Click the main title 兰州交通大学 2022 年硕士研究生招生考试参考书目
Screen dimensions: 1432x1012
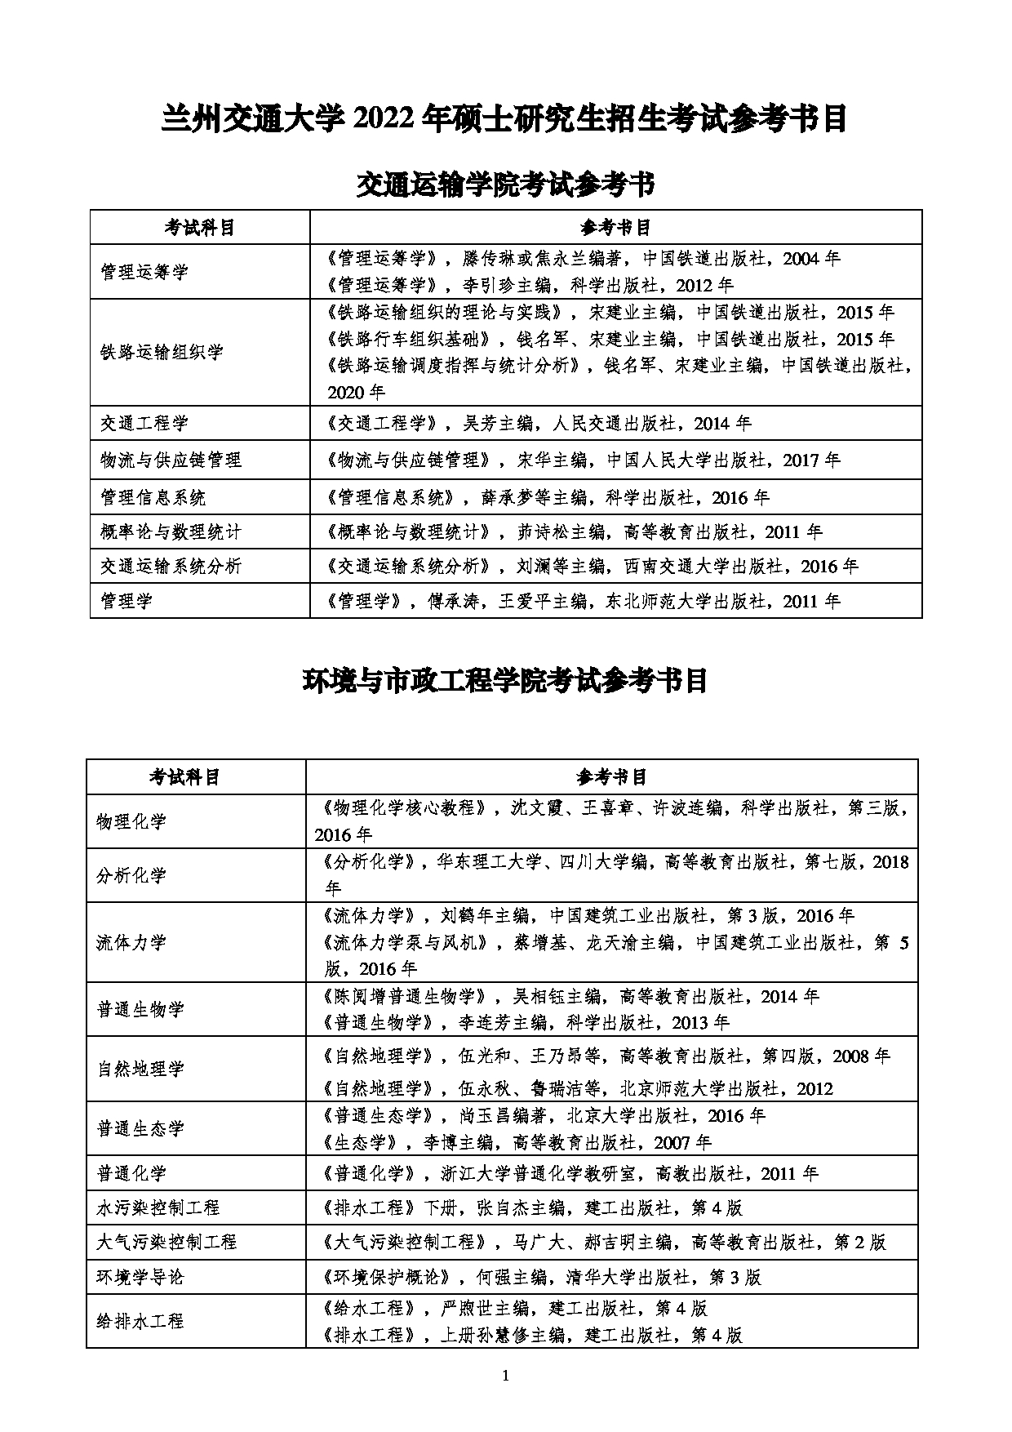click(x=505, y=119)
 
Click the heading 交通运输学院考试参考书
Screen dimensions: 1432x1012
click(x=505, y=185)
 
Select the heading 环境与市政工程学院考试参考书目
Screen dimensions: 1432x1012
click(x=505, y=680)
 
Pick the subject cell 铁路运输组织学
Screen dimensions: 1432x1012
click(x=161, y=353)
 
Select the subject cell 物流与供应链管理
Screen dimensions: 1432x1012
click(x=170, y=460)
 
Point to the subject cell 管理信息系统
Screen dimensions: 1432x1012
click(x=153, y=497)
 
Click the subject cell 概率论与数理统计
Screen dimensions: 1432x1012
click(x=170, y=532)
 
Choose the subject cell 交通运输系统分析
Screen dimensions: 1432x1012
click(x=170, y=567)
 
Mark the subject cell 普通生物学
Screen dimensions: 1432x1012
click(x=140, y=1010)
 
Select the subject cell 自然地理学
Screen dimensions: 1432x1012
click(x=140, y=1070)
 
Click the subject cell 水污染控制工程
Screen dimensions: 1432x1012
click(x=158, y=1207)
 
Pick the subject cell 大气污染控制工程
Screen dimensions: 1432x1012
click(x=166, y=1242)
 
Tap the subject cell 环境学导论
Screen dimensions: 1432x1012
click(x=140, y=1277)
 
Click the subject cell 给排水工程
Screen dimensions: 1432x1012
click(x=140, y=1321)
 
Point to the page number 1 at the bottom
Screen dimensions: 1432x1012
click(x=506, y=1375)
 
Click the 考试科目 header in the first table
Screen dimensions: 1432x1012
click(x=199, y=227)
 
